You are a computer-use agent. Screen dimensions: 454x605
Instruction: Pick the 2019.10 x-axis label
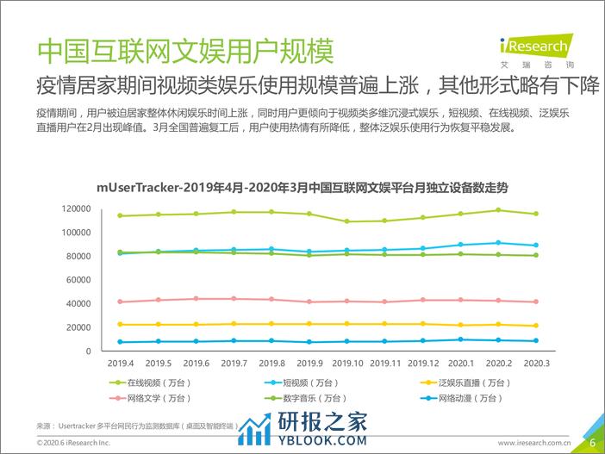pos(347,364)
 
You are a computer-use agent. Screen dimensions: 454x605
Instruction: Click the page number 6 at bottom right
pos(592,441)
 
